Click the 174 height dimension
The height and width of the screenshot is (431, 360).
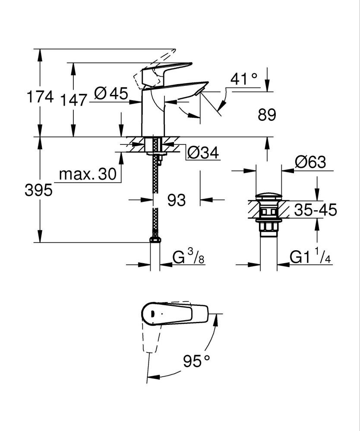pos(40,97)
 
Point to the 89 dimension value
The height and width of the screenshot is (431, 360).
pos(266,115)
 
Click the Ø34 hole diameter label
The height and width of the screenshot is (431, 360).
pos(203,152)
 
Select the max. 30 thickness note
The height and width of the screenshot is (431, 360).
pos(88,174)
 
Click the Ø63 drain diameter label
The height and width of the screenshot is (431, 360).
pos(310,163)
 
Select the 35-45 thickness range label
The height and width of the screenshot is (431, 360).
pos(315,210)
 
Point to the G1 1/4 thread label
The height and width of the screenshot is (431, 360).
pos(309,258)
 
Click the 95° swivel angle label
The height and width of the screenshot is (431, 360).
pos(196,361)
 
